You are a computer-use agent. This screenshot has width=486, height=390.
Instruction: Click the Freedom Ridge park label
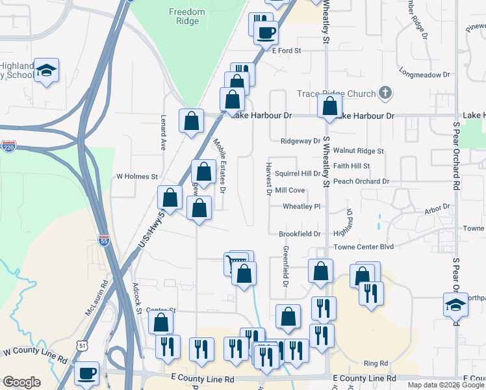[x=186, y=16]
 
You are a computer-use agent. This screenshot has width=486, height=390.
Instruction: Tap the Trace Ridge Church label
[x=336, y=94]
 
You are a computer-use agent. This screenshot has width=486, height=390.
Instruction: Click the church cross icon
[x=385, y=93]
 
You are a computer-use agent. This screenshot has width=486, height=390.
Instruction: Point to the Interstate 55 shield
[x=104, y=240]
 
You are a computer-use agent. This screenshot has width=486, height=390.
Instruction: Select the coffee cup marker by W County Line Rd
[x=86, y=373]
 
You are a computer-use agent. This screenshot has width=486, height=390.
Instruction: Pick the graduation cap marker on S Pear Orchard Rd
[x=455, y=303]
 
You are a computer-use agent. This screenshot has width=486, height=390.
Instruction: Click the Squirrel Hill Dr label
[x=298, y=174]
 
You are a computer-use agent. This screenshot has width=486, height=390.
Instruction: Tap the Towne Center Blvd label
[x=364, y=247]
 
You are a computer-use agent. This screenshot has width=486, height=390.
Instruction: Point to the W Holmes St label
[x=137, y=176]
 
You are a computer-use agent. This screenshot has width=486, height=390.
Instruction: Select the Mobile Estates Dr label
[x=219, y=166]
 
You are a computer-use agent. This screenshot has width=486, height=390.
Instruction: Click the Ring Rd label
[x=376, y=363]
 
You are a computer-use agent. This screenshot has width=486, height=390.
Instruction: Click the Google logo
[x=21, y=382]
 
